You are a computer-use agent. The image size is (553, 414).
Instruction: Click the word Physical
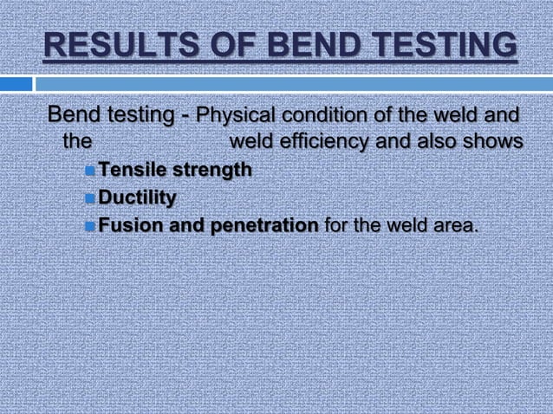click(x=233, y=115)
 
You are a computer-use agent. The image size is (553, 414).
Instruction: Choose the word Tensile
click(x=129, y=171)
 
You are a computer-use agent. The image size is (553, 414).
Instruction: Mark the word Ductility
click(x=137, y=199)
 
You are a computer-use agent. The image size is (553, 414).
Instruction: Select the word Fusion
click(x=127, y=227)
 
